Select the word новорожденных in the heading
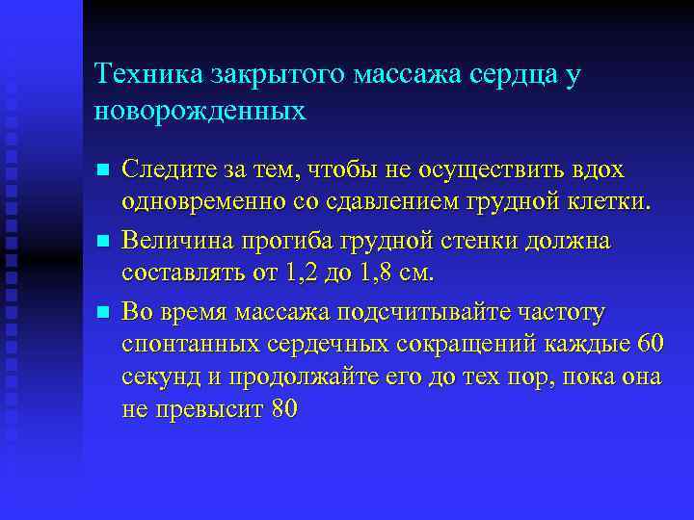[x=200, y=111]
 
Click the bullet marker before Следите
[x=103, y=171]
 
